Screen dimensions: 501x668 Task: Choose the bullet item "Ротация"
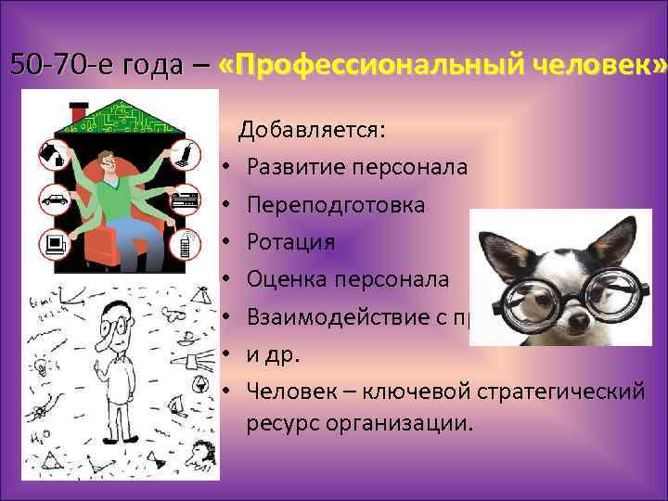pos(290,241)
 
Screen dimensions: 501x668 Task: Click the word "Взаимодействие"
pos(343,315)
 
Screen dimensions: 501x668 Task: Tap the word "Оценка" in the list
pos(286,278)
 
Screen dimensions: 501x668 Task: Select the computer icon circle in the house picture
pos(52,244)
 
